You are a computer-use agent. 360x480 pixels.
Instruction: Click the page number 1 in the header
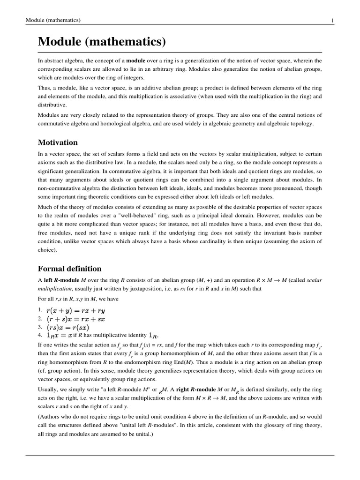coord(332,20)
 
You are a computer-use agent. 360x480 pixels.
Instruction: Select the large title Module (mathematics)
coord(102,42)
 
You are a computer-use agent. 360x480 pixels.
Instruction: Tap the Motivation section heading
coord(58,142)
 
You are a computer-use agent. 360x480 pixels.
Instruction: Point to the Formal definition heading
coord(69,269)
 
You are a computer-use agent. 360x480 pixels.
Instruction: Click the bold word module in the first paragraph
coord(135,61)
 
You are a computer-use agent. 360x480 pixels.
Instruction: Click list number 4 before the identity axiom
coord(40,336)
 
